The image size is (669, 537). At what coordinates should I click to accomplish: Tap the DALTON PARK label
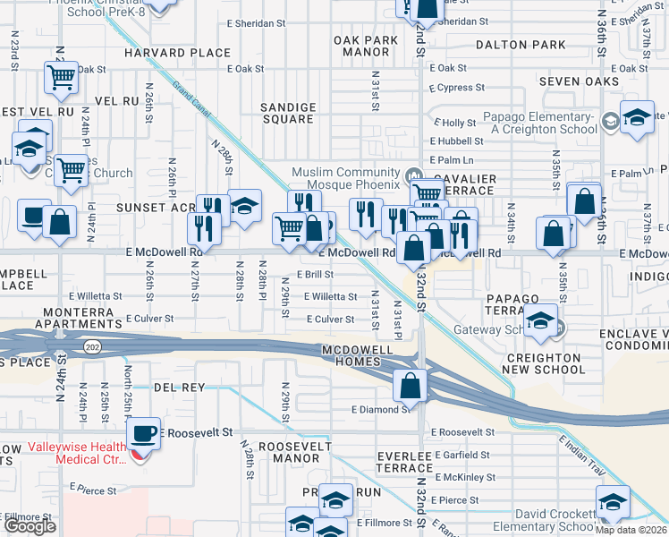point(521,45)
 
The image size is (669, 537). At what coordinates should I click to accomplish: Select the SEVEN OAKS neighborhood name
point(580,81)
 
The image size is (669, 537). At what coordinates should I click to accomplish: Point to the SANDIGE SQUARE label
point(288,113)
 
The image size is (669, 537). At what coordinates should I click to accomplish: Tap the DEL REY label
point(179,388)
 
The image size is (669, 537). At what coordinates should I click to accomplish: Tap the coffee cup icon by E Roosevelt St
point(143,434)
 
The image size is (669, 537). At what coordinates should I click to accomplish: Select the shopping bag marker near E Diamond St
point(410,386)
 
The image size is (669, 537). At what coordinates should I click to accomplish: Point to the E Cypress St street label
point(456,89)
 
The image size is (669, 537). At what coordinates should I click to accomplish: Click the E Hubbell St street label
point(457,141)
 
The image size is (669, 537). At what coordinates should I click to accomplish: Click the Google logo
point(30,526)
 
